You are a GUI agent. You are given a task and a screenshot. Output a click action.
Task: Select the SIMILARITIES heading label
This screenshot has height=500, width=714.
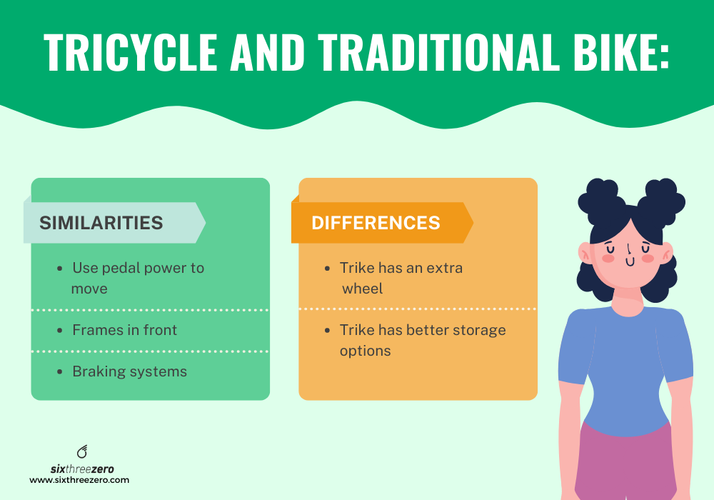[x=101, y=222]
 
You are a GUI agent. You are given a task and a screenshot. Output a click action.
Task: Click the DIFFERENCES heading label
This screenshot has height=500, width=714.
[x=376, y=223]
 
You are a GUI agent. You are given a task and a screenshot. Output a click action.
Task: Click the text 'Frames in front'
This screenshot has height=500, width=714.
[x=125, y=330]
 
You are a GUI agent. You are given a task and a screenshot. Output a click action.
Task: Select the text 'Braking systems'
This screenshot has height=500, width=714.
[x=129, y=371]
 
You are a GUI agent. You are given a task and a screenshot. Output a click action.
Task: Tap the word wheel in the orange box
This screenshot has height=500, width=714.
[x=363, y=289]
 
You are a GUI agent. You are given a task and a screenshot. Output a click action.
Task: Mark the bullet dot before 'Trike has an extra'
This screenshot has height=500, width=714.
[x=326, y=269]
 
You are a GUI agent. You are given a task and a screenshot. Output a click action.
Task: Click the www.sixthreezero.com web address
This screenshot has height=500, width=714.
[x=79, y=481]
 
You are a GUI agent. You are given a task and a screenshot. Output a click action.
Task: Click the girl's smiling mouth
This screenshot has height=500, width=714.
[x=629, y=262]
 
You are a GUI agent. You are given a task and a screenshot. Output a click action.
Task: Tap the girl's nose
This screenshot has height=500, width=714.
[x=628, y=249]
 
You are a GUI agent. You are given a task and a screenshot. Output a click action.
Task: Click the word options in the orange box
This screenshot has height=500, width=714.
[x=366, y=351]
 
